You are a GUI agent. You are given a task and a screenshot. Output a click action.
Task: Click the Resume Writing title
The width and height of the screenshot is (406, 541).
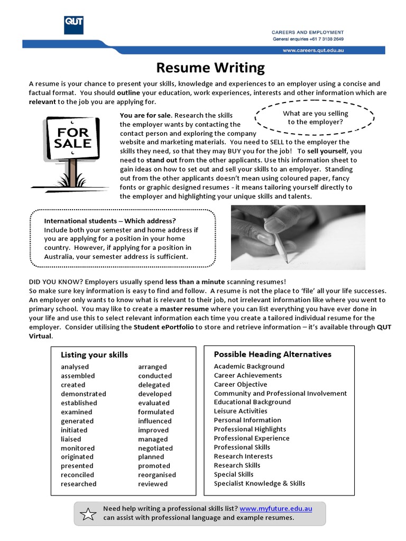[210, 67]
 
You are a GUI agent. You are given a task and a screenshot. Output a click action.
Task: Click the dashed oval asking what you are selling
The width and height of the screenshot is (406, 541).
[315, 117]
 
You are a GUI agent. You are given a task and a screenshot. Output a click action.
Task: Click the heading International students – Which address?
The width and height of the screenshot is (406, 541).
[110, 220]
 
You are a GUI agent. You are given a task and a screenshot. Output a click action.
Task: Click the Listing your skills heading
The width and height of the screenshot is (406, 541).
[94, 355]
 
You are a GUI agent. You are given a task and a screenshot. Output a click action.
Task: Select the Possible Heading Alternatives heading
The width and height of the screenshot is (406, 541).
[272, 354]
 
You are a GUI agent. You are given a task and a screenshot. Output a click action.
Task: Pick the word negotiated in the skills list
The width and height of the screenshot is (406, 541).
[155, 448]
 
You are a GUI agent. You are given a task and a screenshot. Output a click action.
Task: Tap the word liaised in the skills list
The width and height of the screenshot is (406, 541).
[71, 439]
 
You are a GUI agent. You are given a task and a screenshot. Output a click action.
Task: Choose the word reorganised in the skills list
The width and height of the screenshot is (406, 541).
[157, 475]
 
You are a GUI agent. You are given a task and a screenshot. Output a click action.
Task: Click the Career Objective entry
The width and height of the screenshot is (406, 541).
[241, 384]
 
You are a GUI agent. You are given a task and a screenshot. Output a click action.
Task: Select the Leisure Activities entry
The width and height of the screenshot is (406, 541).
[241, 411]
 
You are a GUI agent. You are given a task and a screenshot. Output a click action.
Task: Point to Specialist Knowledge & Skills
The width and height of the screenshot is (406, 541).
[260, 483]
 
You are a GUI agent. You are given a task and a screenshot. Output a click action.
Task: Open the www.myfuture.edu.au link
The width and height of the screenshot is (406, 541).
[275, 509]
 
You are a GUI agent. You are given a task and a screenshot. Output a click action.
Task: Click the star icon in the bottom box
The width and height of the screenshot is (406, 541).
[89, 513]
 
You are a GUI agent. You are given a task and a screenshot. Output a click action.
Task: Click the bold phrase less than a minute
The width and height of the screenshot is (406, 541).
[195, 282]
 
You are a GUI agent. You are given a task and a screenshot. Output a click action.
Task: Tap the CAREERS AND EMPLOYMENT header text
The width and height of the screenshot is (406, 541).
[308, 32]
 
